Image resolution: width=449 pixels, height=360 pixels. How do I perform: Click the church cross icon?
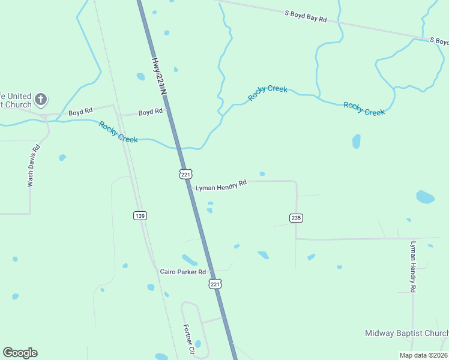[x=40, y=99]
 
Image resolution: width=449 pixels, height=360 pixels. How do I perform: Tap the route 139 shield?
[x=140, y=215]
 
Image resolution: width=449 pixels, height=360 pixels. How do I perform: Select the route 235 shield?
[x=296, y=218]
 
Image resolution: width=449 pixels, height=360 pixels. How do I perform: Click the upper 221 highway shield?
[x=185, y=174]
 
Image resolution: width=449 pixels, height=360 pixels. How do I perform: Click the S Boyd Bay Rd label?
[x=306, y=16]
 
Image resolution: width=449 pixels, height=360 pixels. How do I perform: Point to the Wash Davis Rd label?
[x=34, y=166]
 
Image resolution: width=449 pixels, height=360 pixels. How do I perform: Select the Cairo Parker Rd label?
[x=182, y=272]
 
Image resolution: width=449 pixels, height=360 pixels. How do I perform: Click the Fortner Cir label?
[x=189, y=339]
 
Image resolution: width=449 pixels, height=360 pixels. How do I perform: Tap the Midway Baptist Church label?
[x=406, y=333]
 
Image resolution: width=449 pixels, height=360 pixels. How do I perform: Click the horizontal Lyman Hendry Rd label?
[x=221, y=185]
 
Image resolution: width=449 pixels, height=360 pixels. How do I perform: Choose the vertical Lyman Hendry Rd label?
[x=412, y=266]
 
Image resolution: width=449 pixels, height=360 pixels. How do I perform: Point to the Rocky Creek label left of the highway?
[x=118, y=132]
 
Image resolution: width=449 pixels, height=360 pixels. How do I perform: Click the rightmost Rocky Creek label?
[x=364, y=109]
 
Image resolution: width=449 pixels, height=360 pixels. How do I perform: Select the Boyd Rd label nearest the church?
[x=80, y=112]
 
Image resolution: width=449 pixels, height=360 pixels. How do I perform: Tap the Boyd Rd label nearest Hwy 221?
[x=150, y=112]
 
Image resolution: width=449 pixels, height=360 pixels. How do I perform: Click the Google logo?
[x=20, y=353]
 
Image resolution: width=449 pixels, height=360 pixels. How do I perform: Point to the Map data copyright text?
[x=423, y=355]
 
